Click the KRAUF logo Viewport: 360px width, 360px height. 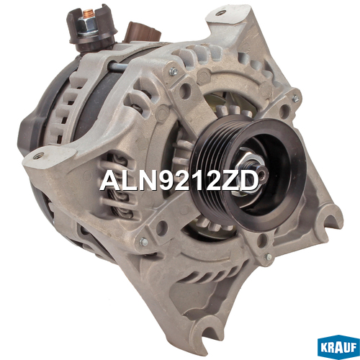338,348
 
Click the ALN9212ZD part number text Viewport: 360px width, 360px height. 179,181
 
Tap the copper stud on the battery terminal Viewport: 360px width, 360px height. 89,13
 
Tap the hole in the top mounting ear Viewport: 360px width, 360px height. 220,13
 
